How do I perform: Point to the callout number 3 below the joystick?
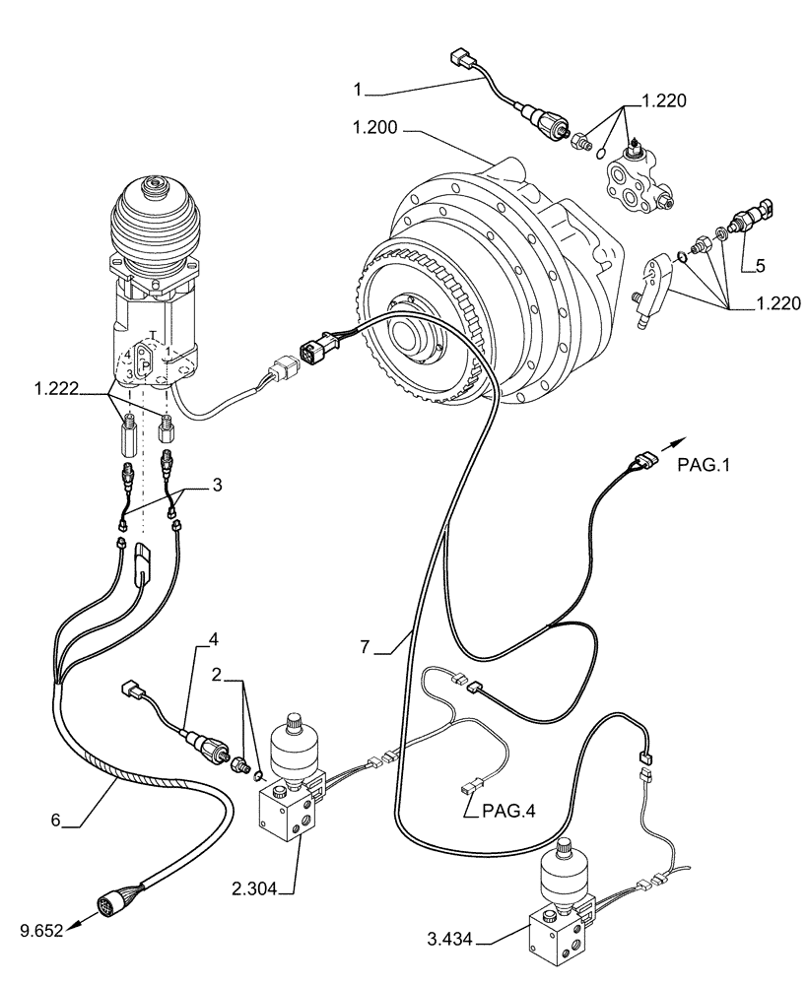(217, 485)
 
